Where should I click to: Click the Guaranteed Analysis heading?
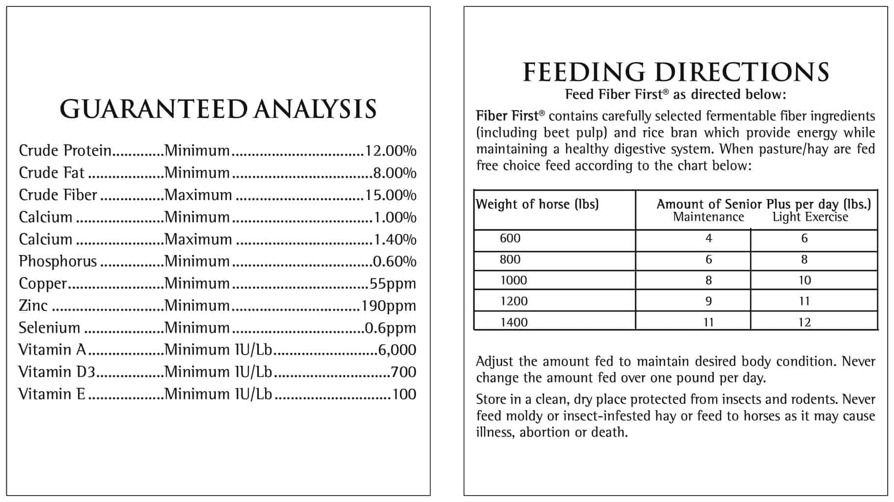[218, 109]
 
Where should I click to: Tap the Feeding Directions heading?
[676, 72]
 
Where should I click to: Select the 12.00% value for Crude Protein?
[390, 151]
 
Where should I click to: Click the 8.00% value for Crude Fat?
[395, 173]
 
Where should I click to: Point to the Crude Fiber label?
[58, 195]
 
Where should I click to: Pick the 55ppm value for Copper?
[393, 284]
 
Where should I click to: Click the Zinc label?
[33, 305]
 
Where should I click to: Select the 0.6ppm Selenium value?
[390, 328]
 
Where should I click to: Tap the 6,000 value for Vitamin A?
[397, 350]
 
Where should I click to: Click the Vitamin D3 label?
[56, 372]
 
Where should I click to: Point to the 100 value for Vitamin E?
[404, 394]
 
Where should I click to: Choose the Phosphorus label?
[58, 261]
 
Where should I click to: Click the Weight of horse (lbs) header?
[537, 204]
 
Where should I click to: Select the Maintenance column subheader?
[709, 217]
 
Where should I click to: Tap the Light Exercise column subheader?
[811, 217]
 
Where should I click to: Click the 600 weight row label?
[510, 238]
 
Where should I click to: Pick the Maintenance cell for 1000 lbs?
[709, 280]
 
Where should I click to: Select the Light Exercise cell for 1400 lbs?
[805, 323]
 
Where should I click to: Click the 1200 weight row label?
[514, 301]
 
